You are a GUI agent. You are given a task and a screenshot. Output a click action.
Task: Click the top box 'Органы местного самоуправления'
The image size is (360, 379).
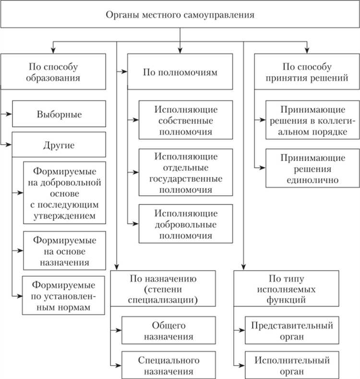click(x=180, y=14)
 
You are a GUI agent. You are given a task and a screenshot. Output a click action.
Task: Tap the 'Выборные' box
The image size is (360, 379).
click(x=59, y=115)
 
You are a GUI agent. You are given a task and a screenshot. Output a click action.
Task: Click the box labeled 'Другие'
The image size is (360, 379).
click(x=59, y=144)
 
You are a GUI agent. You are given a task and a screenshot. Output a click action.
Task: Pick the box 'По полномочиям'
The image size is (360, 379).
click(x=180, y=72)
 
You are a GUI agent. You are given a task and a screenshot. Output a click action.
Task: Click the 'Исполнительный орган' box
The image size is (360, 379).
click(x=292, y=365)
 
